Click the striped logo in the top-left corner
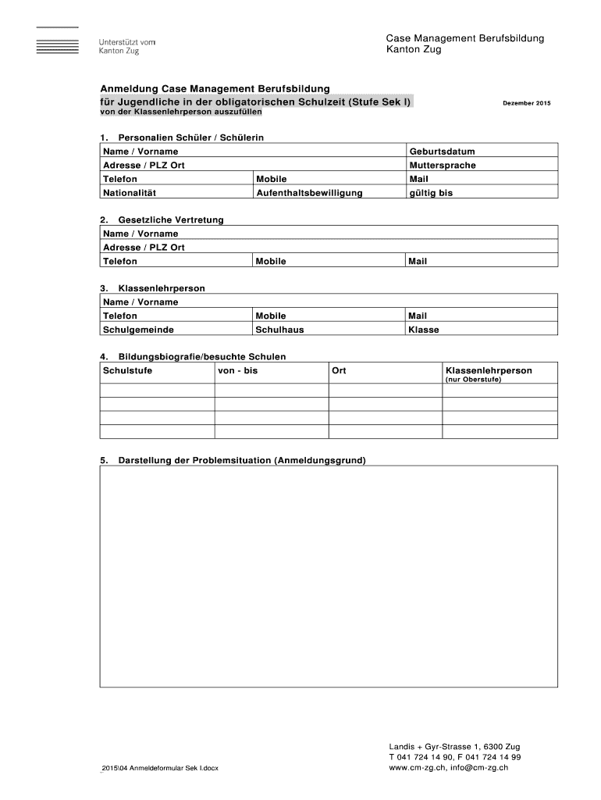point(57,40)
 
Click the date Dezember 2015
point(527,103)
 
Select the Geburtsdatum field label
point(442,152)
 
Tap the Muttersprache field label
point(442,166)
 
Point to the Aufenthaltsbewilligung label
point(309,193)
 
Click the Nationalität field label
point(130,193)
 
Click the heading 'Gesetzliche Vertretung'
point(170,220)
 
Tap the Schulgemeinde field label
point(138,330)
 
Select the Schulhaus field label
point(279,330)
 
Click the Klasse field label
point(424,330)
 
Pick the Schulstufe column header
point(127,370)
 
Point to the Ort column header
point(339,370)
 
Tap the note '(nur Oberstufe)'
point(473,380)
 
